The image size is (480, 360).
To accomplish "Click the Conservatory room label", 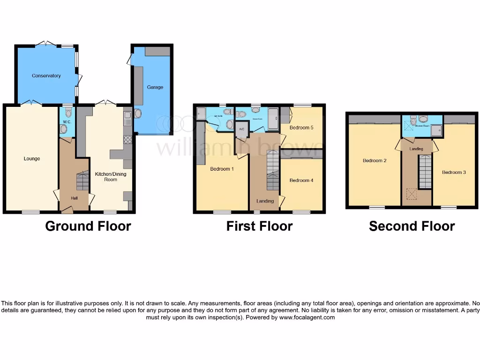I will coord(46,75).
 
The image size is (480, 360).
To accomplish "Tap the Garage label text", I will coord(155,87).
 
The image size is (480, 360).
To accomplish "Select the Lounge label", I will coord(32,158).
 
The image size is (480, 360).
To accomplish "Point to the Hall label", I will coord(74,198).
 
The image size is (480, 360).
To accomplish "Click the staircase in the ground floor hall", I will coord(82,181).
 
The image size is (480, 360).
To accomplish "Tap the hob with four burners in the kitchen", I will coord(127,139).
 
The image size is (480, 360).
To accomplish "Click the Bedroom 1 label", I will coord(222,169).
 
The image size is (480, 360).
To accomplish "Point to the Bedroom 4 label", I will coord(301,180).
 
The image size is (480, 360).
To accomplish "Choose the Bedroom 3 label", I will coord(454,172).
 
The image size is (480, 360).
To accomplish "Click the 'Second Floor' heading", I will coord(412,226).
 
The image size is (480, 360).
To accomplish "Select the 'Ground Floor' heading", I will coord(88,226).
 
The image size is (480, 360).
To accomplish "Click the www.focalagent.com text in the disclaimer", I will coord(307,317).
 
